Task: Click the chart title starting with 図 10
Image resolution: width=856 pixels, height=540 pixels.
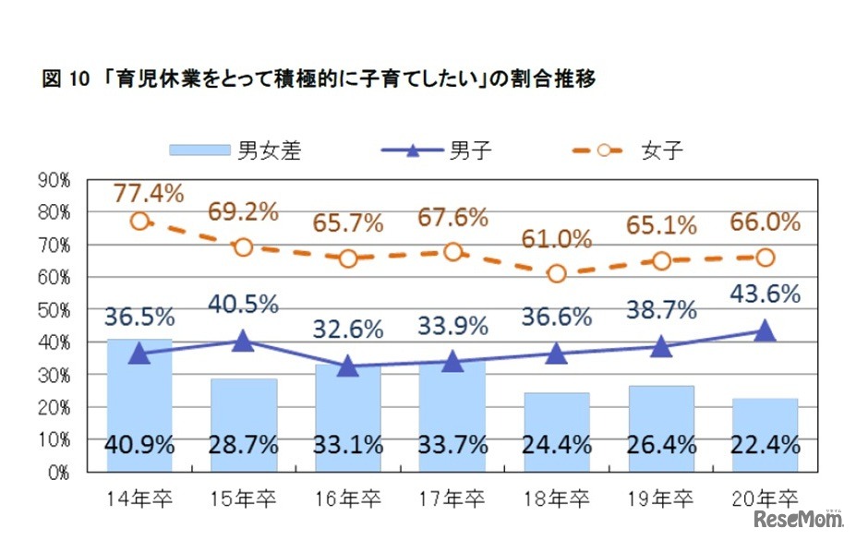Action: click(319, 79)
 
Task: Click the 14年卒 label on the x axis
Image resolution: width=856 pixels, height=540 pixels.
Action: click(139, 498)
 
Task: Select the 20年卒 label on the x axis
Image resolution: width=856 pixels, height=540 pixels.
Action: click(765, 498)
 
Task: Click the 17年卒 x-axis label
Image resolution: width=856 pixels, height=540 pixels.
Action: click(452, 498)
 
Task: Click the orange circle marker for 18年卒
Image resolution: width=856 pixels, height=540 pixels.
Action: click(557, 274)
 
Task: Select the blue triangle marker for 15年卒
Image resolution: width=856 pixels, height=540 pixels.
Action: click(244, 341)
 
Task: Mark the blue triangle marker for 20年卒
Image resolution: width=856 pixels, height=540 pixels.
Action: click(765, 330)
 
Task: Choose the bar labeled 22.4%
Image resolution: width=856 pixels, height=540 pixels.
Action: click(765, 434)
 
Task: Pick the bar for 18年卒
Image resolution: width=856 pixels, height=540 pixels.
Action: click(557, 431)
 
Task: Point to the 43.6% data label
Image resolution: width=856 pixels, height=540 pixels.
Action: click(765, 294)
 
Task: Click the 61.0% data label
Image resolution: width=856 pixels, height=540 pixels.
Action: click(557, 239)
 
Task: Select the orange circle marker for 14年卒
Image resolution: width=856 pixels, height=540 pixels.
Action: click(139, 222)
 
